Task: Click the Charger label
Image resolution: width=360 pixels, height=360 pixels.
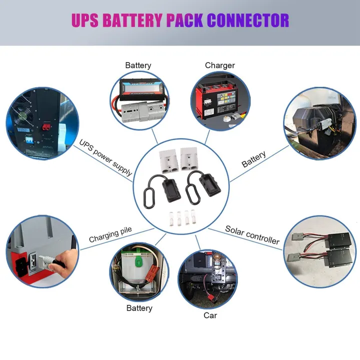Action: pos(219,65)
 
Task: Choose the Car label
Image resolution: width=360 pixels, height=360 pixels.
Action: pos(210,315)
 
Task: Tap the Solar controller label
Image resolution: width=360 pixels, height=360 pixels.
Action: pos(252,235)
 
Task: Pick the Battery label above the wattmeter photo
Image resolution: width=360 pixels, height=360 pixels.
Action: pos(138,65)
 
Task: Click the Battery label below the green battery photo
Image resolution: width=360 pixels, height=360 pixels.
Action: pos(139,308)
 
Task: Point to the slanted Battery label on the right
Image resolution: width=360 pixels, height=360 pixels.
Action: pos(254,159)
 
